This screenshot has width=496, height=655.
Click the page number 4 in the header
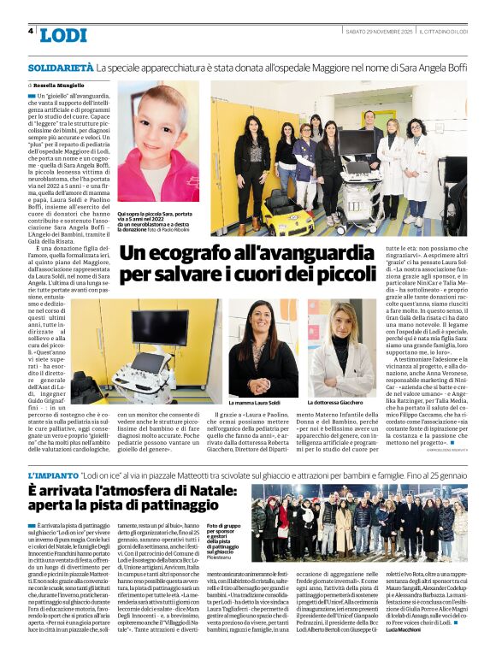[31, 31]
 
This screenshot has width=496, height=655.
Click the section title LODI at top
[63, 35]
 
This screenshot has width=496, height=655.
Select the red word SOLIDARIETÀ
[60, 67]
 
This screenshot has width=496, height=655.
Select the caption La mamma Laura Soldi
[255, 402]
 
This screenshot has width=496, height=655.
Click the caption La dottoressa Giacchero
[338, 402]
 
